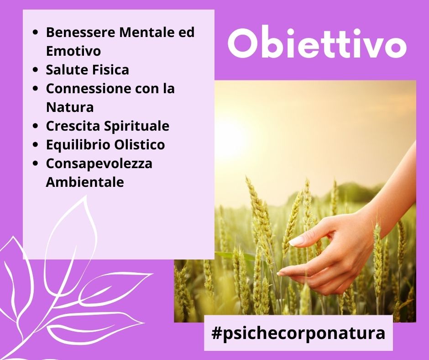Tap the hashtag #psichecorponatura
(x=298, y=334)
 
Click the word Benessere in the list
(x=81, y=32)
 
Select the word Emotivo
(x=73, y=51)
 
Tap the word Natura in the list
(x=70, y=107)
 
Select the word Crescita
(x=73, y=126)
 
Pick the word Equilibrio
(x=78, y=145)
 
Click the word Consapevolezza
(x=99, y=164)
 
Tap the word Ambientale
(x=85, y=182)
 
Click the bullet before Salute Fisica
(x=35, y=70)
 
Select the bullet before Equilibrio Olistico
(x=35, y=145)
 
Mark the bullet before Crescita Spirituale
(x=35, y=126)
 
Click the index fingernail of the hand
(x=297, y=241)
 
